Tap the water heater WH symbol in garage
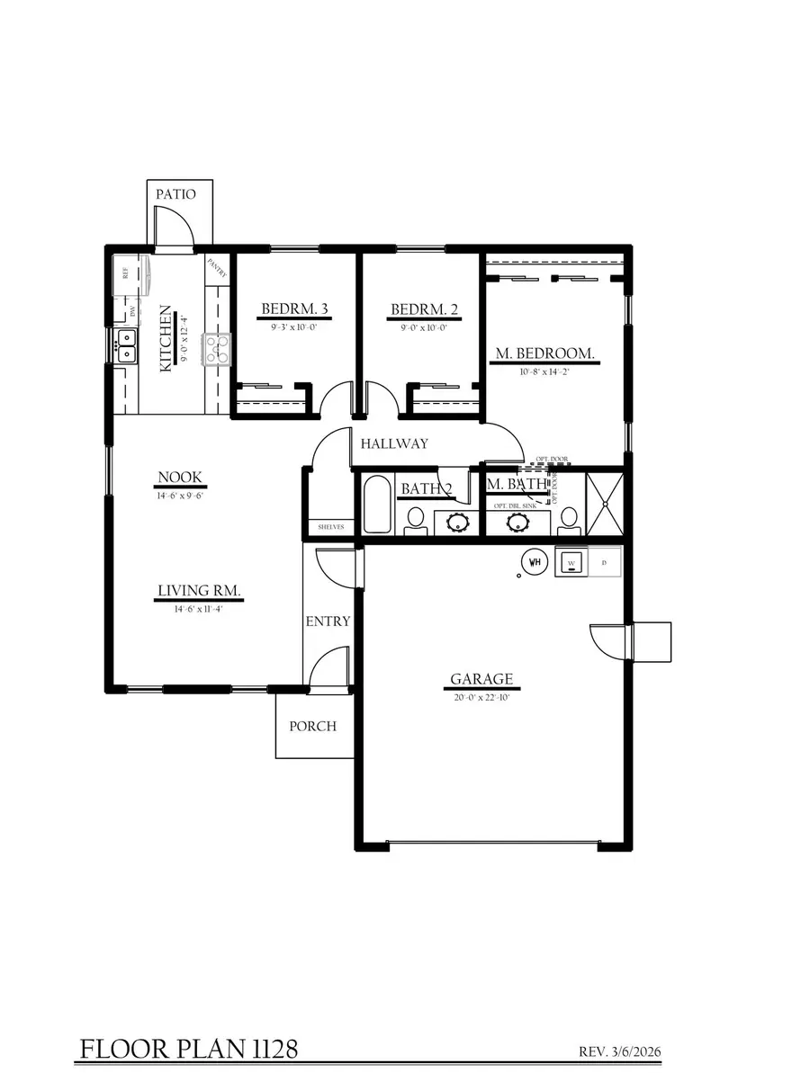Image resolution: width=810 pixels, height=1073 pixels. point(535,563)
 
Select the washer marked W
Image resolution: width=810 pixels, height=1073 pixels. point(571,564)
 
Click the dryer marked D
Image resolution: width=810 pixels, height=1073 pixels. point(604,564)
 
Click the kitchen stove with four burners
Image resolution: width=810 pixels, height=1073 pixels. point(217,349)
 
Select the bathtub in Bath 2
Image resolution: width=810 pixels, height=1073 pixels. point(376,506)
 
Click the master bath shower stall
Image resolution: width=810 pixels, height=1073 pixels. point(605,504)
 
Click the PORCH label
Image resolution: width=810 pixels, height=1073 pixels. point(312,726)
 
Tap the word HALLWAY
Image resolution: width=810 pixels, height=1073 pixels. point(394,443)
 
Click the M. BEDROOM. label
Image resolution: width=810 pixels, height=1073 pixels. point(545,353)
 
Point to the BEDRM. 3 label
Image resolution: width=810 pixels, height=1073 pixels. point(294,310)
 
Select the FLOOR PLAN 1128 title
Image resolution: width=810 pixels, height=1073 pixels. point(189,1049)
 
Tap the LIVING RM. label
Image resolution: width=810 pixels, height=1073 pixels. point(199,591)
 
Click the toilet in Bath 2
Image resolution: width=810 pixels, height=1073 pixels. point(416,519)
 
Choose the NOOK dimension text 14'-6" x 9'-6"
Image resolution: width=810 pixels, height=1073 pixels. point(180,495)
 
